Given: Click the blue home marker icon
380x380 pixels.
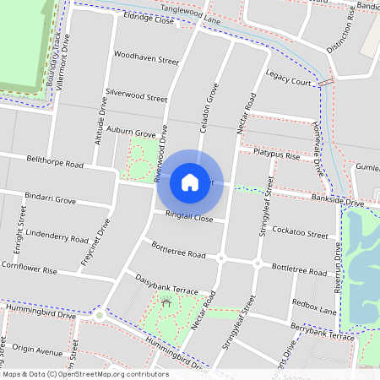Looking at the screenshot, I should [190, 182].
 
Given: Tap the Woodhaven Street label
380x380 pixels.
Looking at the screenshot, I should [147, 61].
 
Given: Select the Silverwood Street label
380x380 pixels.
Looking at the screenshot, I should [137, 98].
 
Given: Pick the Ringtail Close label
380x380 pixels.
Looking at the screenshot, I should [189, 217].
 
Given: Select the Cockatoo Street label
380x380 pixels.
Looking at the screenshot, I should [300, 233].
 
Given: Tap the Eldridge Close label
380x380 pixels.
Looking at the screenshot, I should [148, 18].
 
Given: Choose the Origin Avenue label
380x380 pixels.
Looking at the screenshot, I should [38, 351].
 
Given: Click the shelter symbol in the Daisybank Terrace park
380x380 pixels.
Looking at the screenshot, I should [166, 301].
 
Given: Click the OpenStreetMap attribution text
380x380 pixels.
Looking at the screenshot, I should [85, 373].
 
